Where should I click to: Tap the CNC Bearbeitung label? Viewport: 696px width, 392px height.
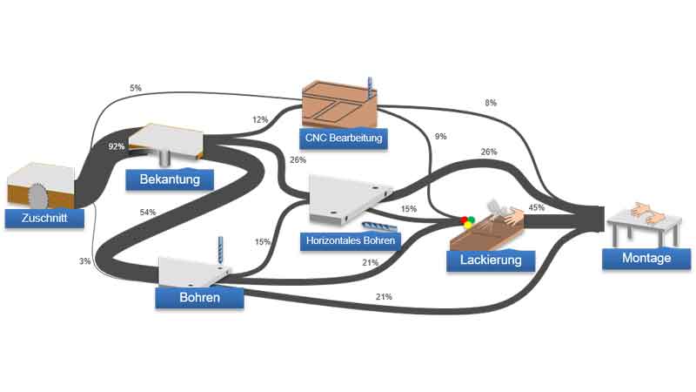[343, 138]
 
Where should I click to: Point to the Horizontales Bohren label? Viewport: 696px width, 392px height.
[349, 240]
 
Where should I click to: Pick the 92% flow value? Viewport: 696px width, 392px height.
[117, 147]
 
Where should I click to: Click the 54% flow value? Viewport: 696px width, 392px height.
[147, 213]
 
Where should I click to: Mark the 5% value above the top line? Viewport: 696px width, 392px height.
[135, 88]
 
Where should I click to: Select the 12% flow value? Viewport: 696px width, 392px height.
[260, 120]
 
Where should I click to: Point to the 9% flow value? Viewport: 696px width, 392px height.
[440, 136]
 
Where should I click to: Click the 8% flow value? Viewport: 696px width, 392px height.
[491, 104]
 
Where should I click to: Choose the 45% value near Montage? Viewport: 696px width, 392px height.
[536, 208]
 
